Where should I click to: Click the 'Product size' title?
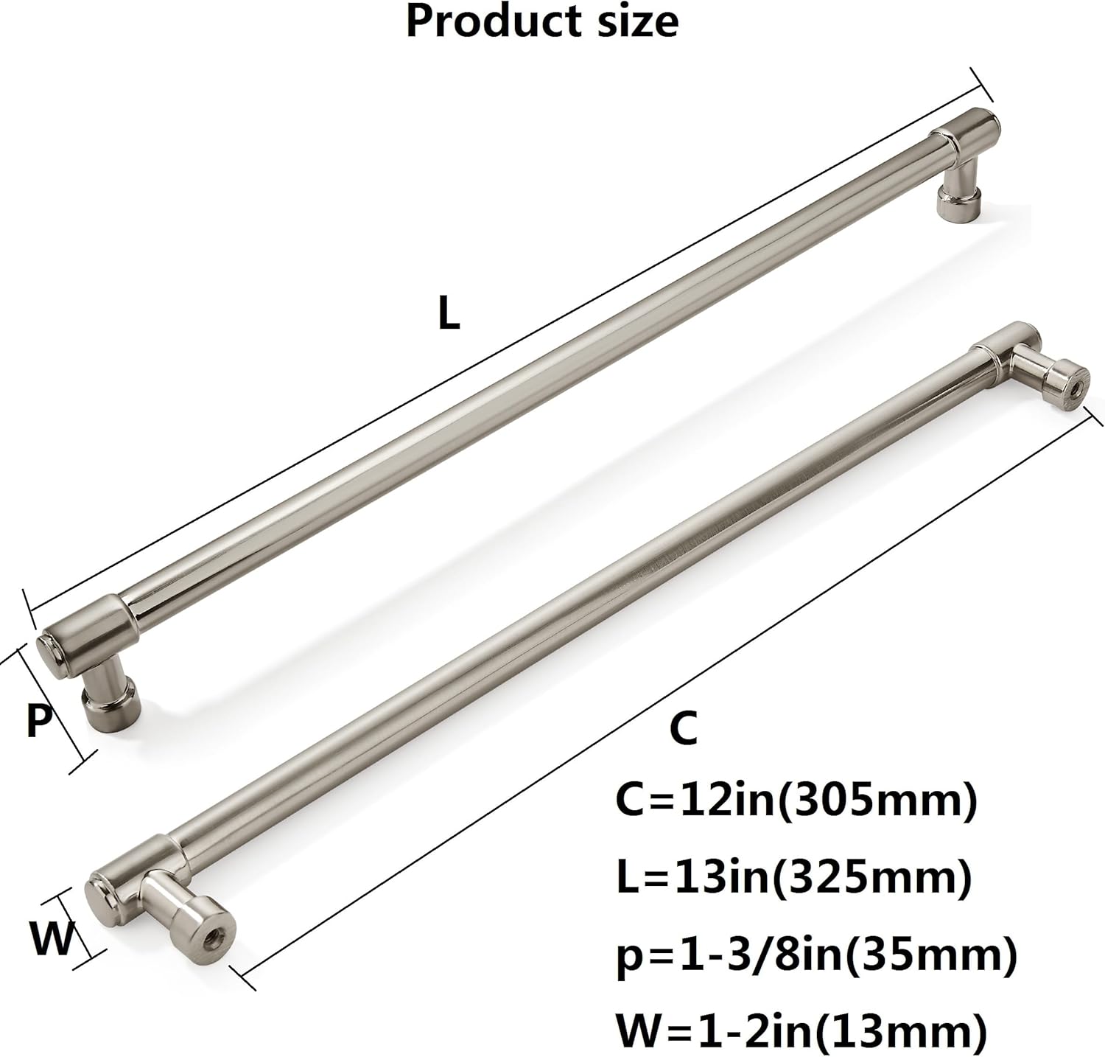coord(541,22)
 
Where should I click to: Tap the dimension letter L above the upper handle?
coord(449,314)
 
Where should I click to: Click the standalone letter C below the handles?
coord(683,728)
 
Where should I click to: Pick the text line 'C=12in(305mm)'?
coord(796,801)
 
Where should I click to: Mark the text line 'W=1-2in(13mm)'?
coord(801,1032)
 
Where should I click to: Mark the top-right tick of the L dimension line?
coord(982,85)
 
